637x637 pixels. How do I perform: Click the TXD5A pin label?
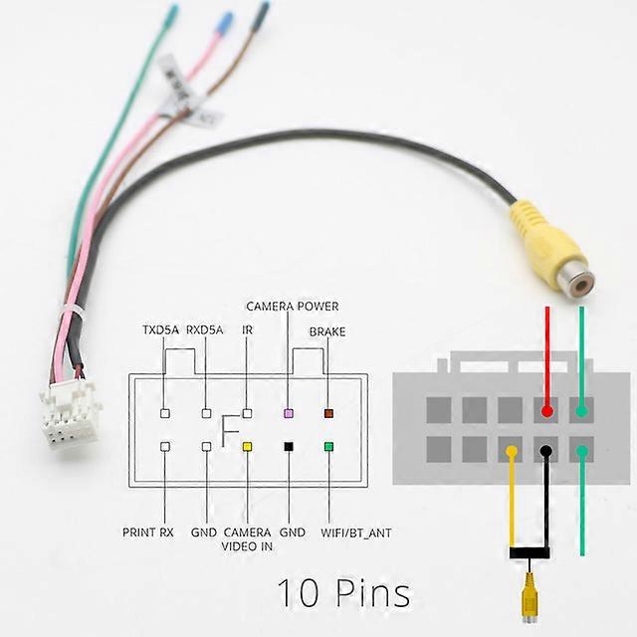(160, 330)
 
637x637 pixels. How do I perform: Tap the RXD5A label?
(205, 330)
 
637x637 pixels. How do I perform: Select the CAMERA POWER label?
(293, 307)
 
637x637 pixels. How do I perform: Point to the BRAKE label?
(327, 331)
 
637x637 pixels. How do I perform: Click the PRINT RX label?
(149, 533)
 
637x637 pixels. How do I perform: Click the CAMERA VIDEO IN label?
(247, 539)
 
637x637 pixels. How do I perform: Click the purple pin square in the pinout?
(289, 412)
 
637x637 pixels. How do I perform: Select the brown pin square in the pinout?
(328, 412)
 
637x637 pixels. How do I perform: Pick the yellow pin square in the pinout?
(248, 447)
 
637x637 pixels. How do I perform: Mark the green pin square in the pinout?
(328, 447)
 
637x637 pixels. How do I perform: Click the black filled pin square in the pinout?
(289, 447)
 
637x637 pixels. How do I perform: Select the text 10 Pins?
(342, 594)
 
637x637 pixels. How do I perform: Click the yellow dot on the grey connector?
(512, 452)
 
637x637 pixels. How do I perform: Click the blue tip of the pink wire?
(225, 22)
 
